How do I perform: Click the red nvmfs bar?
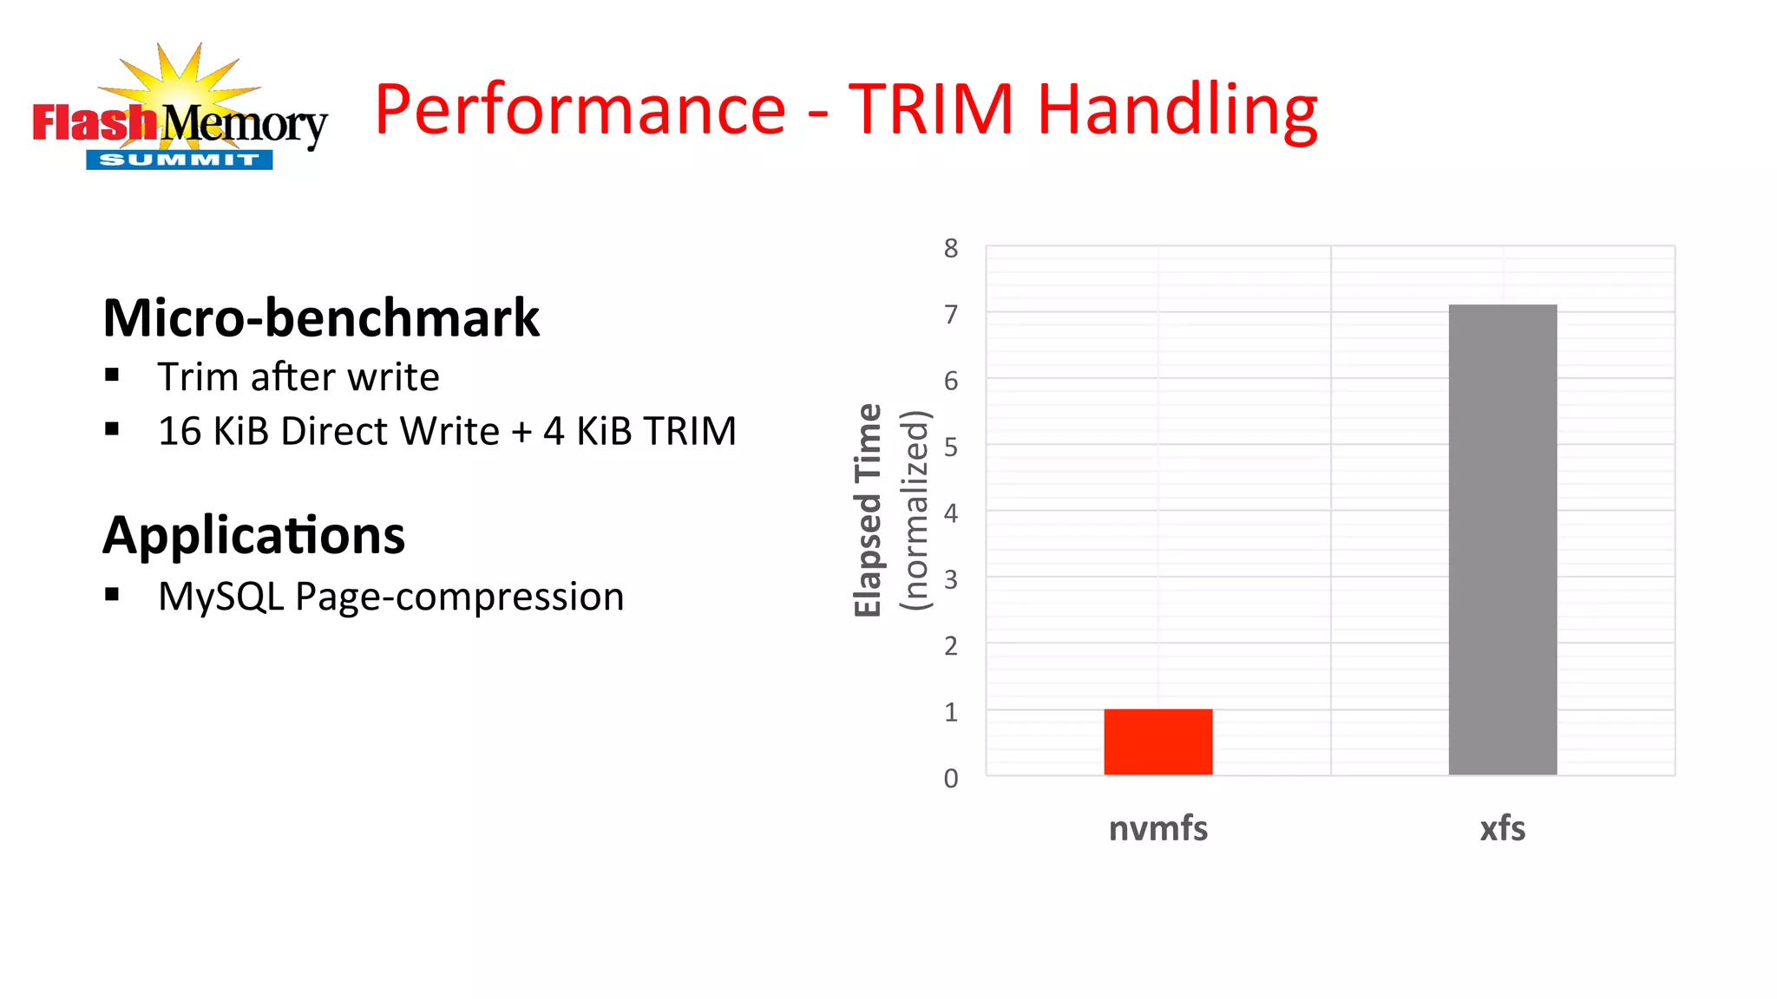(x=1157, y=741)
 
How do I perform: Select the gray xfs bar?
(x=1502, y=539)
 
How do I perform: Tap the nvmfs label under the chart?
(x=1157, y=829)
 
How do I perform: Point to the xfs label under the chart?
(x=1502, y=829)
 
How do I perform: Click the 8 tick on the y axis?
(x=951, y=249)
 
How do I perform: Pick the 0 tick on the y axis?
(x=951, y=779)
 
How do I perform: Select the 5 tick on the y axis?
(x=951, y=447)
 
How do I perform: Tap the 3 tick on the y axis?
(x=951, y=580)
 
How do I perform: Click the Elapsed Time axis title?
(x=869, y=510)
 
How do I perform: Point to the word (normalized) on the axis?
(x=915, y=510)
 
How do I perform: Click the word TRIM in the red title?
(x=931, y=110)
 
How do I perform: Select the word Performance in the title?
(x=580, y=110)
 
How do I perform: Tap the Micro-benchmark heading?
(x=321, y=318)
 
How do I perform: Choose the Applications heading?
(x=253, y=536)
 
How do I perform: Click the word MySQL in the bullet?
(x=221, y=597)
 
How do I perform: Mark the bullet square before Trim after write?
(x=112, y=375)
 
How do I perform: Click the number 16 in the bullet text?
(x=180, y=432)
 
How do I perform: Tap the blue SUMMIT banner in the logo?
(x=179, y=160)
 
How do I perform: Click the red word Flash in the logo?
(x=94, y=123)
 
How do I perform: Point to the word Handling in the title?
(x=1177, y=110)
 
